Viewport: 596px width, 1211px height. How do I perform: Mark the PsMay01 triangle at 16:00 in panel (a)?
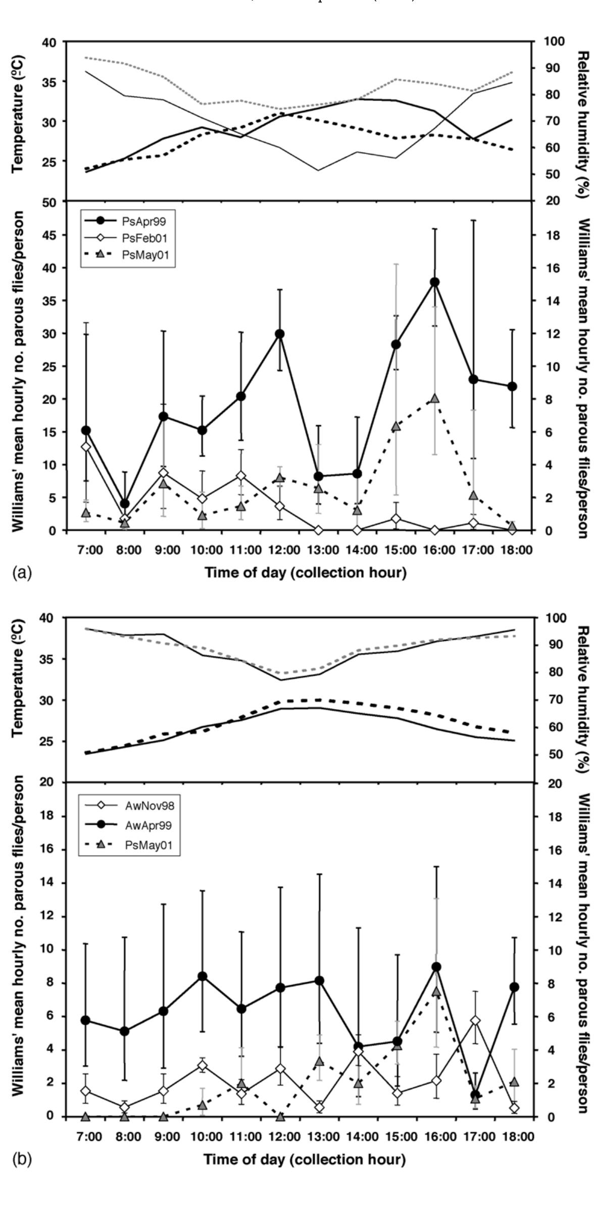[x=434, y=399]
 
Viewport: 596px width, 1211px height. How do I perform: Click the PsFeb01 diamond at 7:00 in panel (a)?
[x=86, y=446]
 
